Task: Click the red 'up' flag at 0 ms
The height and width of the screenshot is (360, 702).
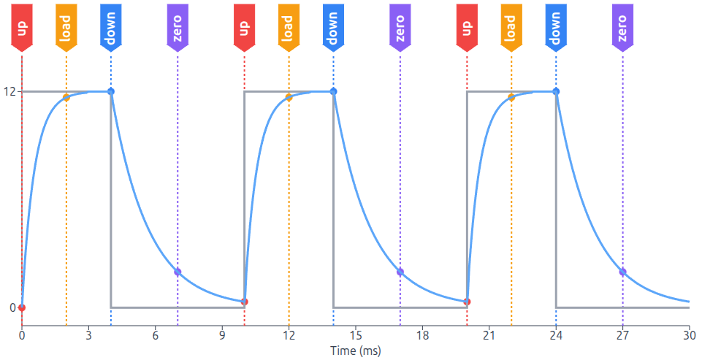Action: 22,27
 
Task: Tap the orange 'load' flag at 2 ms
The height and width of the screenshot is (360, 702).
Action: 66,27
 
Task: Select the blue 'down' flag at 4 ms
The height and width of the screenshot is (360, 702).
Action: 111,27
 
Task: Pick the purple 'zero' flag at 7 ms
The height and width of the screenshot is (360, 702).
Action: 178,27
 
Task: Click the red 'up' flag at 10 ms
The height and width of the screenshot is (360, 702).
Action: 245,27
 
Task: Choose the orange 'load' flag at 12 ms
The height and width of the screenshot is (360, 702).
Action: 289,27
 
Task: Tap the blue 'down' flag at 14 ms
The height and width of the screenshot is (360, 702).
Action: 334,27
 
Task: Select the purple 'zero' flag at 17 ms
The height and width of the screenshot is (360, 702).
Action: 400,27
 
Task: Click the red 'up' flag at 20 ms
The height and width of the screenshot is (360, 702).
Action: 467,27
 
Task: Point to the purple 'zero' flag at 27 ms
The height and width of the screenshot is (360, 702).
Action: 622,27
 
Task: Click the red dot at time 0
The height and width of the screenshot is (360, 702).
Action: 22,307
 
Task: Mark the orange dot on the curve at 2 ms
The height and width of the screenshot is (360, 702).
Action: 66,97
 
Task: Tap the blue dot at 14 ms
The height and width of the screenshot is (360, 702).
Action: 334,91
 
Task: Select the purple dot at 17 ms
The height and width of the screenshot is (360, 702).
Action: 400,272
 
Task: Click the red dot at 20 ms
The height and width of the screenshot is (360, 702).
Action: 467,302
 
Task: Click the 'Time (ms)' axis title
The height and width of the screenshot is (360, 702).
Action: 356,351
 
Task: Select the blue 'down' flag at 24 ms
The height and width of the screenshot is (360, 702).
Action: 556,27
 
